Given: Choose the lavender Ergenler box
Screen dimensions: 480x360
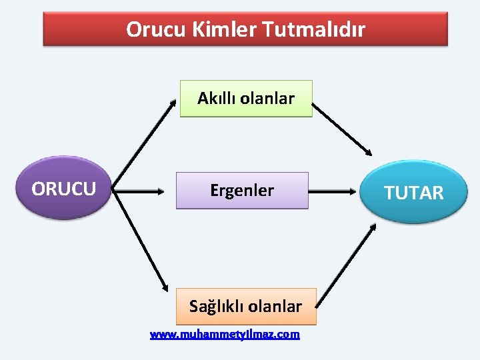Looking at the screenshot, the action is click(x=242, y=191).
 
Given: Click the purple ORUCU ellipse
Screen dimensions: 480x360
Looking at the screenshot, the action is click(x=63, y=189).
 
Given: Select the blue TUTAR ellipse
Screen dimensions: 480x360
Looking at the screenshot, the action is click(x=413, y=193).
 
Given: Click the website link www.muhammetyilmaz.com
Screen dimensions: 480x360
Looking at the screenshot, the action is click(x=225, y=334).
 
